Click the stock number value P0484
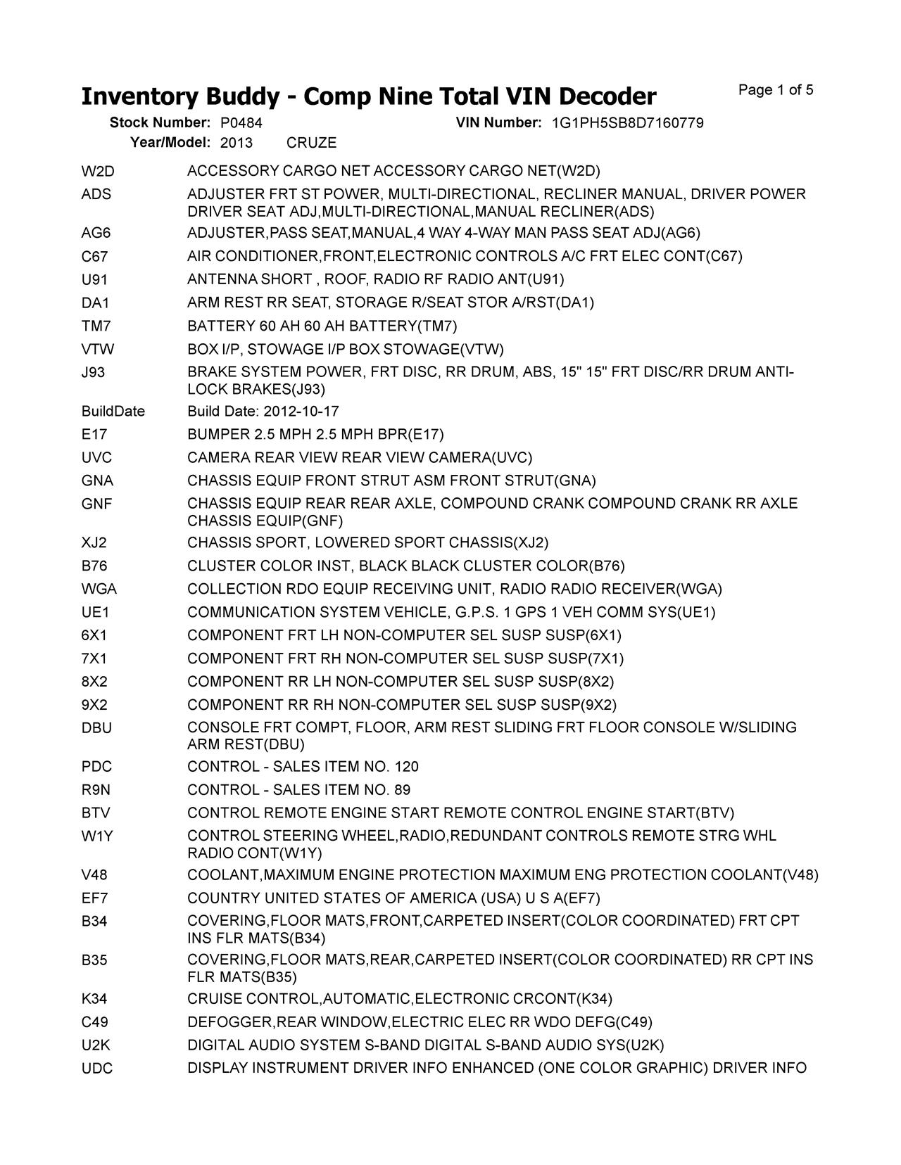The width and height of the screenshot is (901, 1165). pyautogui.click(x=241, y=123)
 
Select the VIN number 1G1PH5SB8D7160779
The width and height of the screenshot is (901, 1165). pyautogui.click(x=627, y=123)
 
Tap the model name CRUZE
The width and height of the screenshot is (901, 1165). pyautogui.click(x=311, y=143)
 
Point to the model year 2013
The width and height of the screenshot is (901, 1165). pyautogui.click(x=236, y=143)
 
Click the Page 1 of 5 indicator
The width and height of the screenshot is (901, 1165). pyautogui.click(x=776, y=90)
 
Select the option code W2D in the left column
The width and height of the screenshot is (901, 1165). pyautogui.click(x=97, y=171)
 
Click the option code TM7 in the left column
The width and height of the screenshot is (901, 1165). pyautogui.click(x=96, y=326)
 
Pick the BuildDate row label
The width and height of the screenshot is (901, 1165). pyautogui.click(x=113, y=412)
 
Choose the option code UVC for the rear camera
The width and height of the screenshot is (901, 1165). pyautogui.click(x=96, y=458)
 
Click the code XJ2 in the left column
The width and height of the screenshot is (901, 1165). pyautogui.click(x=94, y=542)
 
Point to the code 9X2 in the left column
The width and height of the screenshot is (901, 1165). pyautogui.click(x=94, y=705)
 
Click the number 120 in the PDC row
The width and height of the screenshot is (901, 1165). pyautogui.click(x=407, y=767)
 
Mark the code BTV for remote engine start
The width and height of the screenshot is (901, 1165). pyautogui.click(x=96, y=813)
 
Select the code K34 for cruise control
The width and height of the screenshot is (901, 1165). pyautogui.click(x=94, y=999)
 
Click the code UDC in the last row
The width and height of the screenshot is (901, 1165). pyautogui.click(x=96, y=1069)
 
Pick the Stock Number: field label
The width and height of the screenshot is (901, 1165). pyautogui.click(x=160, y=123)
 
